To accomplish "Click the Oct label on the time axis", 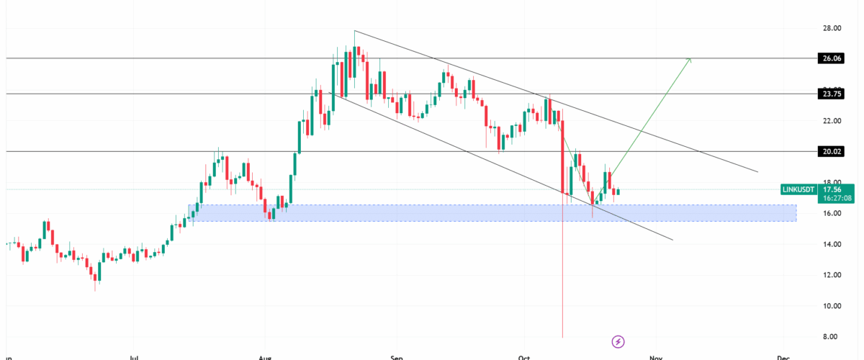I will [x=523, y=356].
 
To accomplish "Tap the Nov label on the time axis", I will [x=654, y=356].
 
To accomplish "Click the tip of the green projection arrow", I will [x=690, y=58].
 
